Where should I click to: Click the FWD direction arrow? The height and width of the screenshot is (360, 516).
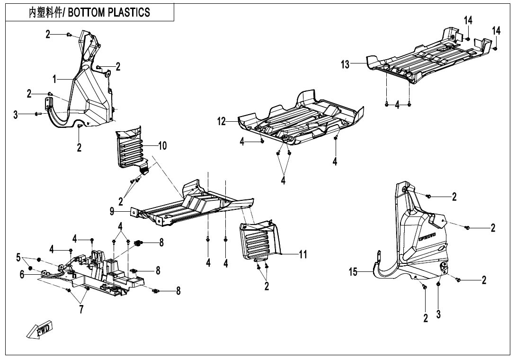tap(39, 329)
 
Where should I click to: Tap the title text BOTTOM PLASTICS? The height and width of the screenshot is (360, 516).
tap(109, 12)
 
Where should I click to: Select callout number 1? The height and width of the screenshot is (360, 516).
tap(55, 79)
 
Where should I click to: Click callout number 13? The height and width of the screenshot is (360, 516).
tap(345, 64)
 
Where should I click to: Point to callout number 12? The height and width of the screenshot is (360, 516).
tap(222, 122)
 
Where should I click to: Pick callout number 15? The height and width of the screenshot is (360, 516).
tap(353, 272)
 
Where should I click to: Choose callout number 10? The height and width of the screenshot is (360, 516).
tap(162, 145)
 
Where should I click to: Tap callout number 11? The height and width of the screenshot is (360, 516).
tap(303, 254)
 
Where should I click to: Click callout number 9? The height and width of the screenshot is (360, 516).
tap(112, 211)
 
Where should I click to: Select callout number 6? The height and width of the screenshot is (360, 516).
tap(22, 274)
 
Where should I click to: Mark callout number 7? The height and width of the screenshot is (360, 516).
tap(81, 309)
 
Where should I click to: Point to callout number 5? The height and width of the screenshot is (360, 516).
tap(18, 257)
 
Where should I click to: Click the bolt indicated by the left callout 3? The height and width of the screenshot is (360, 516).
tap(36, 114)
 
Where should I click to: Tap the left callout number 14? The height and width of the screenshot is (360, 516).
tap(468, 20)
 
